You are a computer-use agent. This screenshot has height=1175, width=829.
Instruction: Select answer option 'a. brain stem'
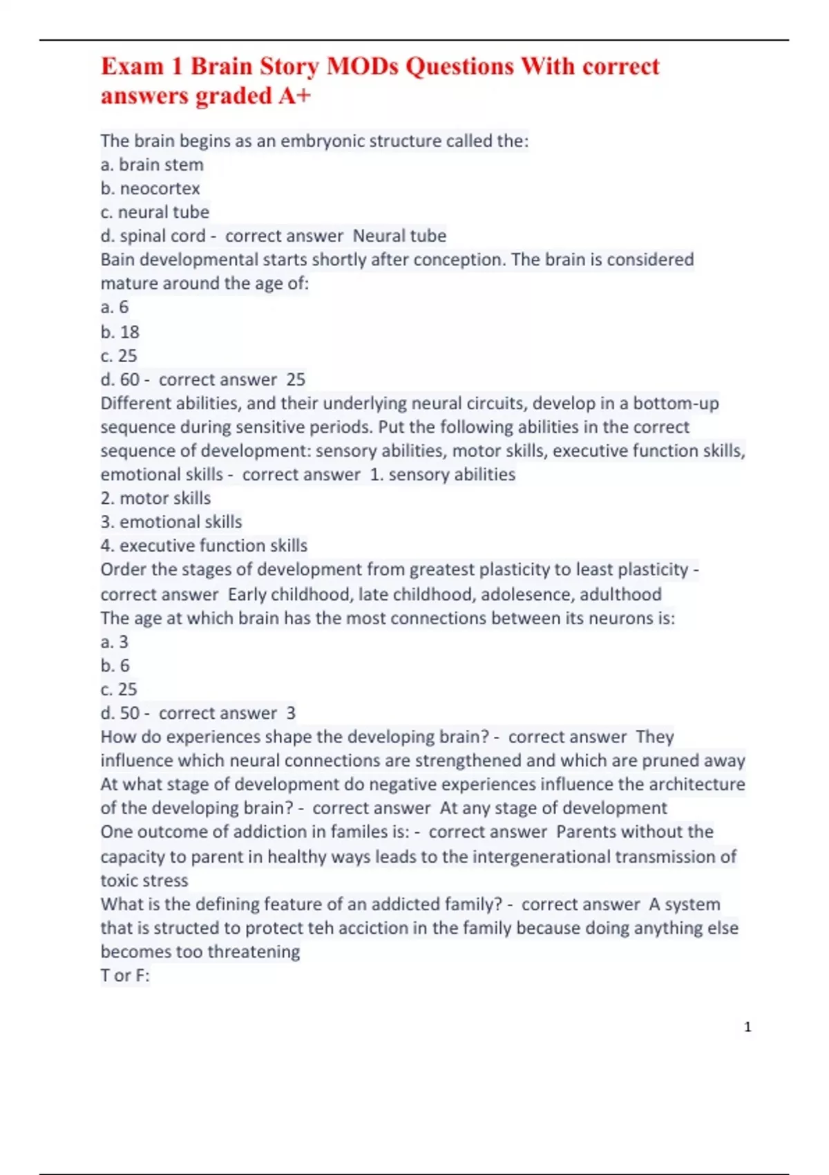(152, 164)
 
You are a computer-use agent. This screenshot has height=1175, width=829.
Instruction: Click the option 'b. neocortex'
(150, 188)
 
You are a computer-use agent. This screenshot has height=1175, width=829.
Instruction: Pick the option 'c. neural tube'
(155, 211)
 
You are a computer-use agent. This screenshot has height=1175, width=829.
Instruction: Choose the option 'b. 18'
(120, 332)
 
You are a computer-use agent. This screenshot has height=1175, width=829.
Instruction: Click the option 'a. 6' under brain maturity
(115, 307)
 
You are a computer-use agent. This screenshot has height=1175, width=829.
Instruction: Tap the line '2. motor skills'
(155, 498)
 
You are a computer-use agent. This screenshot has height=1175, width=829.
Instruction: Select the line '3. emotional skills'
(171, 522)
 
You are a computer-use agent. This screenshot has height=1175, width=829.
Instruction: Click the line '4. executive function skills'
(204, 545)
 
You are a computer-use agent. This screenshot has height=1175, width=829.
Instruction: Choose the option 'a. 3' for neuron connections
(115, 641)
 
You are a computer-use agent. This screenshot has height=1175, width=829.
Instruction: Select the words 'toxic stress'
(144, 880)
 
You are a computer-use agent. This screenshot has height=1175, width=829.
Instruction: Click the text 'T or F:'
(125, 975)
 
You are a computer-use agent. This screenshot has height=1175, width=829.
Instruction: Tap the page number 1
(747, 1027)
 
